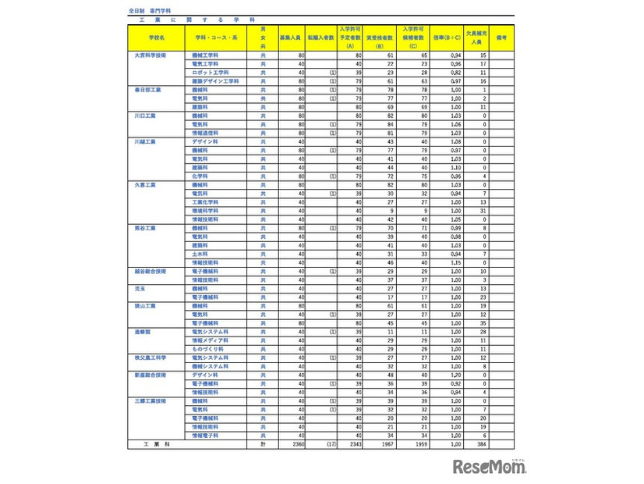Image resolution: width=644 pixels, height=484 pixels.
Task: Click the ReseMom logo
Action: point(490,466)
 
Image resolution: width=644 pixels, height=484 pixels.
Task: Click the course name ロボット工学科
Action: point(211,72)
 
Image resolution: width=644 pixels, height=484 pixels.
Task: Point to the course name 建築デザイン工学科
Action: point(215,80)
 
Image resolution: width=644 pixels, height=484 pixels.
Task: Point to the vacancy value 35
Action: point(483,322)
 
